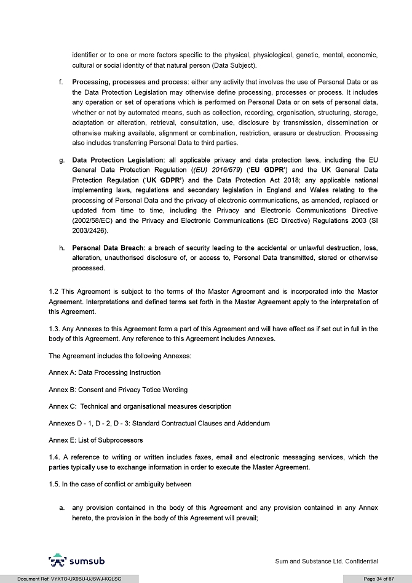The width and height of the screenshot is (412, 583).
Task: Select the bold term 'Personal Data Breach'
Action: click(x=107, y=247)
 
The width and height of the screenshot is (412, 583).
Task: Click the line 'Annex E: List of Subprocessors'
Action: click(x=95, y=440)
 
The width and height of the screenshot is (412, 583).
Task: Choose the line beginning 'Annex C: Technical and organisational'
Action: click(x=140, y=406)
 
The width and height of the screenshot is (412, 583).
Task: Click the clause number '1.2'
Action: click(x=53, y=291)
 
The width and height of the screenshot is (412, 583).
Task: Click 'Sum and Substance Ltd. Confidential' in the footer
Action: click(x=326, y=561)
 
